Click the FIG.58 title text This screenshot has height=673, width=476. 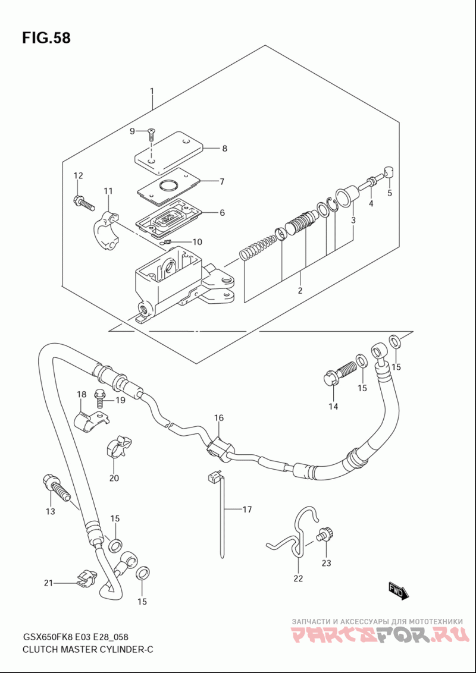pyautogui.click(x=46, y=38)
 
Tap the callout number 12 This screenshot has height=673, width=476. pyautogui.click(x=78, y=175)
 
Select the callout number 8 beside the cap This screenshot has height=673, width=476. pyautogui.click(x=224, y=149)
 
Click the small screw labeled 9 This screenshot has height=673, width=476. pyautogui.click(x=151, y=134)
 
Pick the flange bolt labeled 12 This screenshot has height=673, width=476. pyautogui.click(x=84, y=203)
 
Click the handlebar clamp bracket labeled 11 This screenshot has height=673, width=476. pyautogui.click(x=106, y=231)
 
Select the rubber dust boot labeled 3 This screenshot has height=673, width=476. pyautogui.click(x=347, y=197)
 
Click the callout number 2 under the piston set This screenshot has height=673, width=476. pyautogui.click(x=300, y=290)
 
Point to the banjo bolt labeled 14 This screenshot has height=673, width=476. pyautogui.click(x=339, y=373)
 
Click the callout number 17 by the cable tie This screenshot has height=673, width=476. pyautogui.click(x=246, y=510)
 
